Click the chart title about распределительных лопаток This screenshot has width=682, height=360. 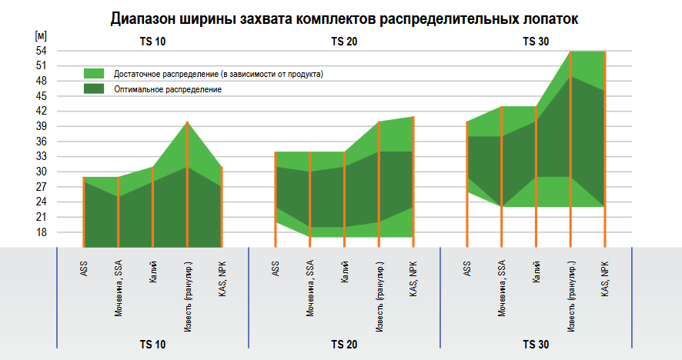[343, 18]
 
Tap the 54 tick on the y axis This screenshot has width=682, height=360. [42, 51]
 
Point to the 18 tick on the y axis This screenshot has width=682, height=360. [42, 232]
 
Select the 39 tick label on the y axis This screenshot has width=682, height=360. [42, 126]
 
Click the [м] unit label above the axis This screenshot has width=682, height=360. [41, 36]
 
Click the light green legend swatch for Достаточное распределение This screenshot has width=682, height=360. [94, 74]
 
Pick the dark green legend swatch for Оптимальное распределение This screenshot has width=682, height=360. [94, 89]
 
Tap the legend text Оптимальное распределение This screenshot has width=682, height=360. [168, 90]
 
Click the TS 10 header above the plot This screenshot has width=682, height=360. [152, 41]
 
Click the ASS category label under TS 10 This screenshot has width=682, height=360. [83, 270]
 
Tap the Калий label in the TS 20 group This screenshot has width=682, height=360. [345, 274]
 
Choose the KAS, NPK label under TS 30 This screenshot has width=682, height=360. [605, 278]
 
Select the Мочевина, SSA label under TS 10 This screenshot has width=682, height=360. [119, 288]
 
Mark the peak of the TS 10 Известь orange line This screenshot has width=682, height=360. [187, 122]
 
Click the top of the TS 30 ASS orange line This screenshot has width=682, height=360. [467, 122]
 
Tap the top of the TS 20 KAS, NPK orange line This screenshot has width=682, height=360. [413, 117]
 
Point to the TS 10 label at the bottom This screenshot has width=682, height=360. [152, 345]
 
